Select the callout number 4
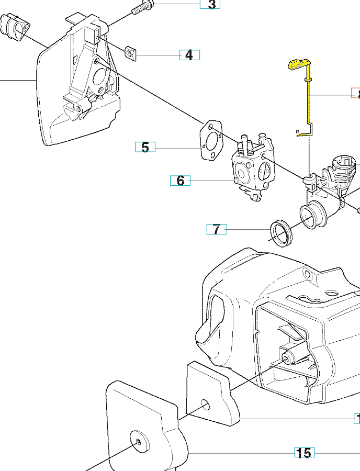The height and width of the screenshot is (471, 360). [x=189, y=54]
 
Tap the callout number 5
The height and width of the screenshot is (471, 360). [x=145, y=147]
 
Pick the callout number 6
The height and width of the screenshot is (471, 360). [x=180, y=181]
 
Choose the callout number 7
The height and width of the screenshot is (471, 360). [x=217, y=229]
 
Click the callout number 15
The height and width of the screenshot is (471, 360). [x=303, y=453]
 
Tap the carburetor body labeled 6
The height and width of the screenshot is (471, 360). [x=251, y=167]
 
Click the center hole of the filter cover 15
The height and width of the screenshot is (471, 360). [x=139, y=441]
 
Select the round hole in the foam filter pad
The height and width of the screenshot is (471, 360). [x=204, y=405]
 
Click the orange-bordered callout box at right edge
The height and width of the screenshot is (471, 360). [x=355, y=94]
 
